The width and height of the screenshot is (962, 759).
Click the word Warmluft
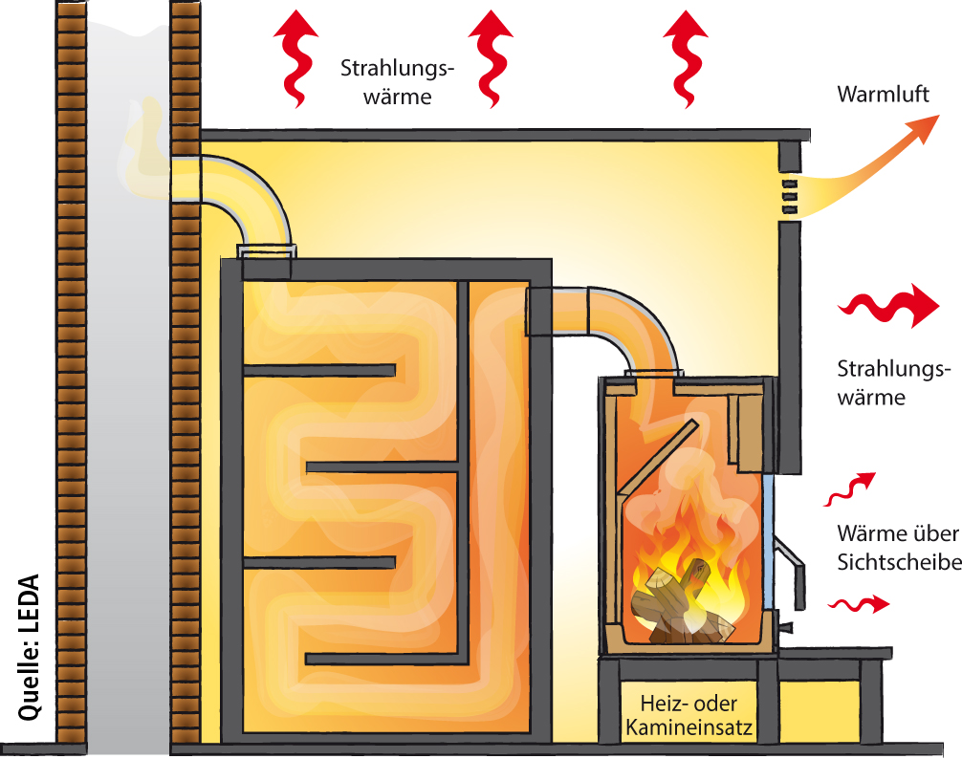[883, 95]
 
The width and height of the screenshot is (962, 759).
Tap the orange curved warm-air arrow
[871, 172]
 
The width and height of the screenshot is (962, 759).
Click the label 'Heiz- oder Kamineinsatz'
[689, 715]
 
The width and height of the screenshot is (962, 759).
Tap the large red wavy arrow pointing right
[888, 305]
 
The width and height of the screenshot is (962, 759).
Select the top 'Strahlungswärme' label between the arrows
[398, 82]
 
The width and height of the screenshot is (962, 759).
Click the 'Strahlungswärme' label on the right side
[893, 382]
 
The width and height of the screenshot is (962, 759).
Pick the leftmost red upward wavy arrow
[295, 59]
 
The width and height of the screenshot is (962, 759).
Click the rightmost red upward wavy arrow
[685, 59]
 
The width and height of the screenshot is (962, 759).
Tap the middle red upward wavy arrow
[491, 59]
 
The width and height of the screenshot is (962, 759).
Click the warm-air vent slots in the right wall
[789, 197]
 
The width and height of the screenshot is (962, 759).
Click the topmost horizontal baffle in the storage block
[319, 370]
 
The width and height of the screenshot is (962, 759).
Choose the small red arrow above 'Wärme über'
[850, 488]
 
